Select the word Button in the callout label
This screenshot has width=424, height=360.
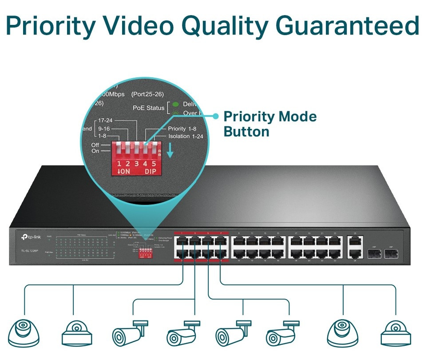click(246, 132)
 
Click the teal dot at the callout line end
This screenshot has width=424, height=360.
click(216, 116)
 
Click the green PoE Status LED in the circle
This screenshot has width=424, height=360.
click(175, 104)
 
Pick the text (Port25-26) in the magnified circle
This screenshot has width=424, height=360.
click(148, 94)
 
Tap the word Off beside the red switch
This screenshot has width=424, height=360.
click(95, 145)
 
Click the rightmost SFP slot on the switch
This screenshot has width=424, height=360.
click(391, 254)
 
